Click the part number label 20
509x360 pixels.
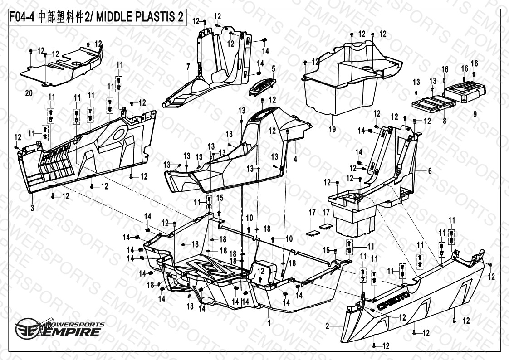pyautogui.click(x=29, y=92)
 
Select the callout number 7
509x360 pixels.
pyautogui.click(x=188, y=67)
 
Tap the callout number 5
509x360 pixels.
pyautogui.click(x=274, y=68)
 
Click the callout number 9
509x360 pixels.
pyautogui.click(x=475, y=115)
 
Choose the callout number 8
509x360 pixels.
pyautogui.click(x=445, y=121)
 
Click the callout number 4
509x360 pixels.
pyautogui.click(x=295, y=159)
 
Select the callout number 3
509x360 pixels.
pyautogui.click(x=32, y=208)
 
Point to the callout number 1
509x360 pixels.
pyautogui.click(x=269, y=323)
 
